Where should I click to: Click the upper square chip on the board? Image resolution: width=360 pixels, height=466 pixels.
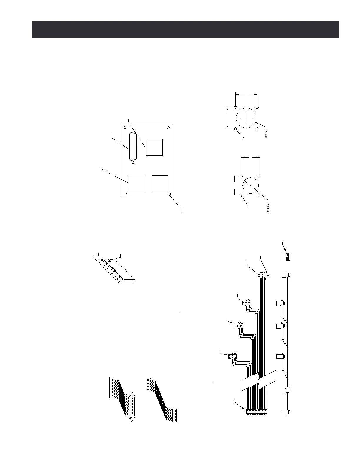click(154, 147)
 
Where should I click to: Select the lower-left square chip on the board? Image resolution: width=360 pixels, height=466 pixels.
click(137, 183)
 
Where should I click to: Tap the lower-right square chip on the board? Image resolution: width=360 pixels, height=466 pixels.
click(160, 184)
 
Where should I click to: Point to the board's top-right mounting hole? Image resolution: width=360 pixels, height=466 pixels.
click(168, 128)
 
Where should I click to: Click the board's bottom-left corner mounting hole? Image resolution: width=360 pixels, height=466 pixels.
click(126, 194)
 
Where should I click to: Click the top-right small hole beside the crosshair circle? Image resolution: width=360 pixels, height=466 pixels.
click(257, 107)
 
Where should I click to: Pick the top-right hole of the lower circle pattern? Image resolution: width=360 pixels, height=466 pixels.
click(260, 176)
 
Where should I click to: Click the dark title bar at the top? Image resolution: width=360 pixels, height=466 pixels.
click(185, 29)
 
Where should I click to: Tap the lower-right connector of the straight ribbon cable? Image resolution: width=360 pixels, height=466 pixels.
click(174, 415)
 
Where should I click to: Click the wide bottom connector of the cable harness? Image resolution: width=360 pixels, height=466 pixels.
click(256, 412)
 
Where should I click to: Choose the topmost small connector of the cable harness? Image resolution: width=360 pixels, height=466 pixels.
click(261, 275)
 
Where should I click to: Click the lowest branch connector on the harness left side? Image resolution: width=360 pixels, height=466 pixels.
click(232, 357)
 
